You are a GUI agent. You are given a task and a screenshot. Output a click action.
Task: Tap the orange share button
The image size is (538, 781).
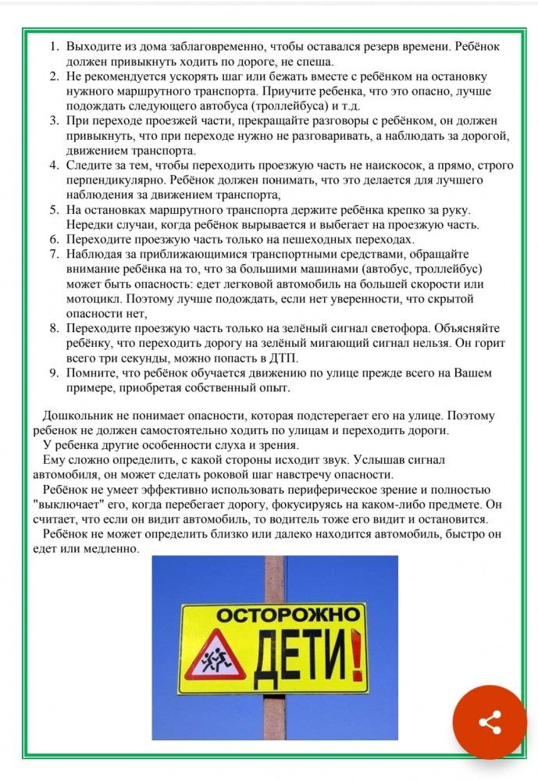coord(490,722)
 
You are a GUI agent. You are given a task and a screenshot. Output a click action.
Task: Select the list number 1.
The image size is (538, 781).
coord(54,46)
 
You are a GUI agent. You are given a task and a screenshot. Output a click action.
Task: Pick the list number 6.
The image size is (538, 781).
coord(54,239)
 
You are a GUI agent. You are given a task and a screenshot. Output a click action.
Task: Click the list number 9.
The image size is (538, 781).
coord(54,373)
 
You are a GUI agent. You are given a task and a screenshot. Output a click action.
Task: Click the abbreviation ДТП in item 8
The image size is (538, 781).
coord(283,358)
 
